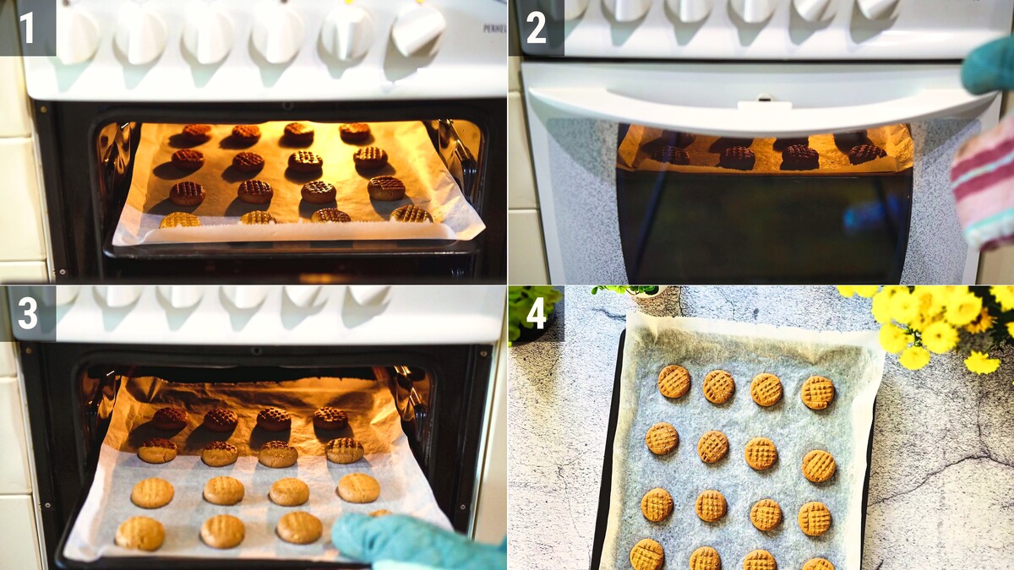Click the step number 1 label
[27, 27]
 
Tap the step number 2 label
[537, 27]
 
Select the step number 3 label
[27, 313]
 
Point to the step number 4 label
[537, 313]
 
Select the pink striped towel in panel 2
[984, 186]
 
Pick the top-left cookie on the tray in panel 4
[674, 382]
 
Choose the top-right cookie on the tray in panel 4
[818, 393]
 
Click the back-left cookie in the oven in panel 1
[197, 132]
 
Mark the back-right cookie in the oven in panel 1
[355, 131]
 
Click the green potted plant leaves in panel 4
[534, 307]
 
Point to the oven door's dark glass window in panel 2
[765, 226]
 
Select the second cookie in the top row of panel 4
[719, 387]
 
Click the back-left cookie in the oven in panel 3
[171, 419]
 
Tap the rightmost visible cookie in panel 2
[867, 155]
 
